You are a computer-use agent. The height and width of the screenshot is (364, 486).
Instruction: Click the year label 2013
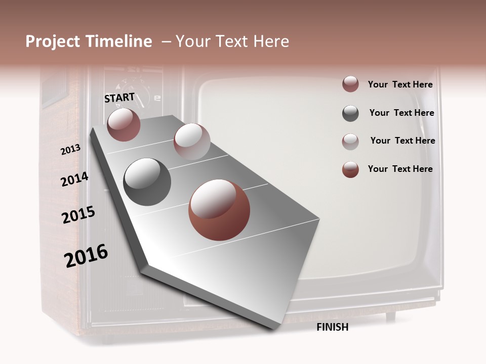(70, 150)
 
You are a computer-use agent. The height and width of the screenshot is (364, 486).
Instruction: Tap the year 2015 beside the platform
(78, 215)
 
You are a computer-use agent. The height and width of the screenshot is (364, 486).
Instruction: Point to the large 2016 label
(86, 255)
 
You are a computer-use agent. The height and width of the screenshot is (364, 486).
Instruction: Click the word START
(119, 98)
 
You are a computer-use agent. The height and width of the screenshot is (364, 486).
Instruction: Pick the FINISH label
(333, 327)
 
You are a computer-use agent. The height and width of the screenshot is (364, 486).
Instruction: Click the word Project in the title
(53, 41)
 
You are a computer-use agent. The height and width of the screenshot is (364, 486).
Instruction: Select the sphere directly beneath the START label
(124, 124)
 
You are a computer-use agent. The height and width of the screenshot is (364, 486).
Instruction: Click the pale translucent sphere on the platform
(192, 142)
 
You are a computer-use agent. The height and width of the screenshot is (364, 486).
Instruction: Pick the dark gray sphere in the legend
(350, 114)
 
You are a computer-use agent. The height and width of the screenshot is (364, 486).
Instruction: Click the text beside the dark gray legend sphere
(401, 113)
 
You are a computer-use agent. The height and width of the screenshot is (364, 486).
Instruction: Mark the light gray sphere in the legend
(350, 142)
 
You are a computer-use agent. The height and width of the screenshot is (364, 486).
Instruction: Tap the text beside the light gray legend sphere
(402, 141)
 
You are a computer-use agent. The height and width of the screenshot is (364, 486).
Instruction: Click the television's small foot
(390, 316)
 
